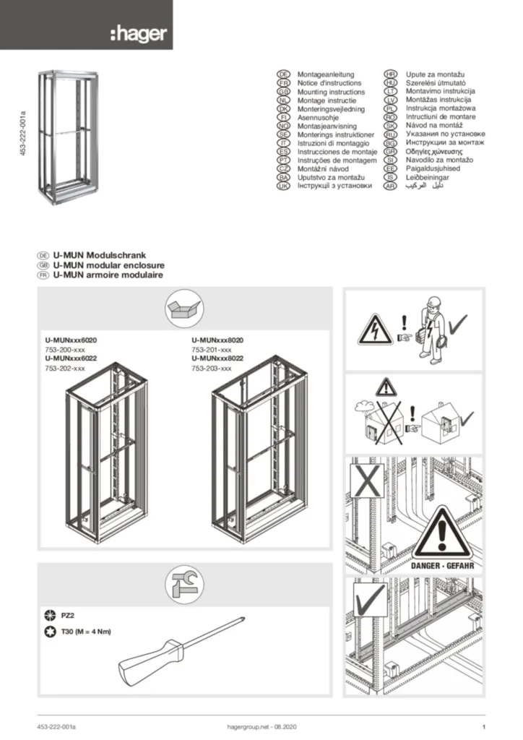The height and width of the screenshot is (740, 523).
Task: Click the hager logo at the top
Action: click(138, 33)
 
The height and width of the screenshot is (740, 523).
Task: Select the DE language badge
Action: click(284, 74)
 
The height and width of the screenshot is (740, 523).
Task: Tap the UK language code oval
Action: click(284, 186)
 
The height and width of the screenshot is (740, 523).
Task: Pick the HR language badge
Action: click(390, 74)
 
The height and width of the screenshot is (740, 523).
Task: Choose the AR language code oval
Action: click(390, 186)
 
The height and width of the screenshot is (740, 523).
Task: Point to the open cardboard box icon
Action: click(184, 309)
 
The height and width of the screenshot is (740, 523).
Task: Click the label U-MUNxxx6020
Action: click(70, 340)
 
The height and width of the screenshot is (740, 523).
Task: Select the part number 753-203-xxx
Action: click(212, 368)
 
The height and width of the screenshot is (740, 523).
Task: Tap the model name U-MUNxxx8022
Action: click(228, 358)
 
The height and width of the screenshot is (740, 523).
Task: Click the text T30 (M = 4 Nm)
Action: click(86, 632)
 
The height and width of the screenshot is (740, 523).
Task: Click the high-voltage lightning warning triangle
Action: click(376, 331)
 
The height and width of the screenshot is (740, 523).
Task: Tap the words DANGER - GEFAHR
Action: click(442, 566)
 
